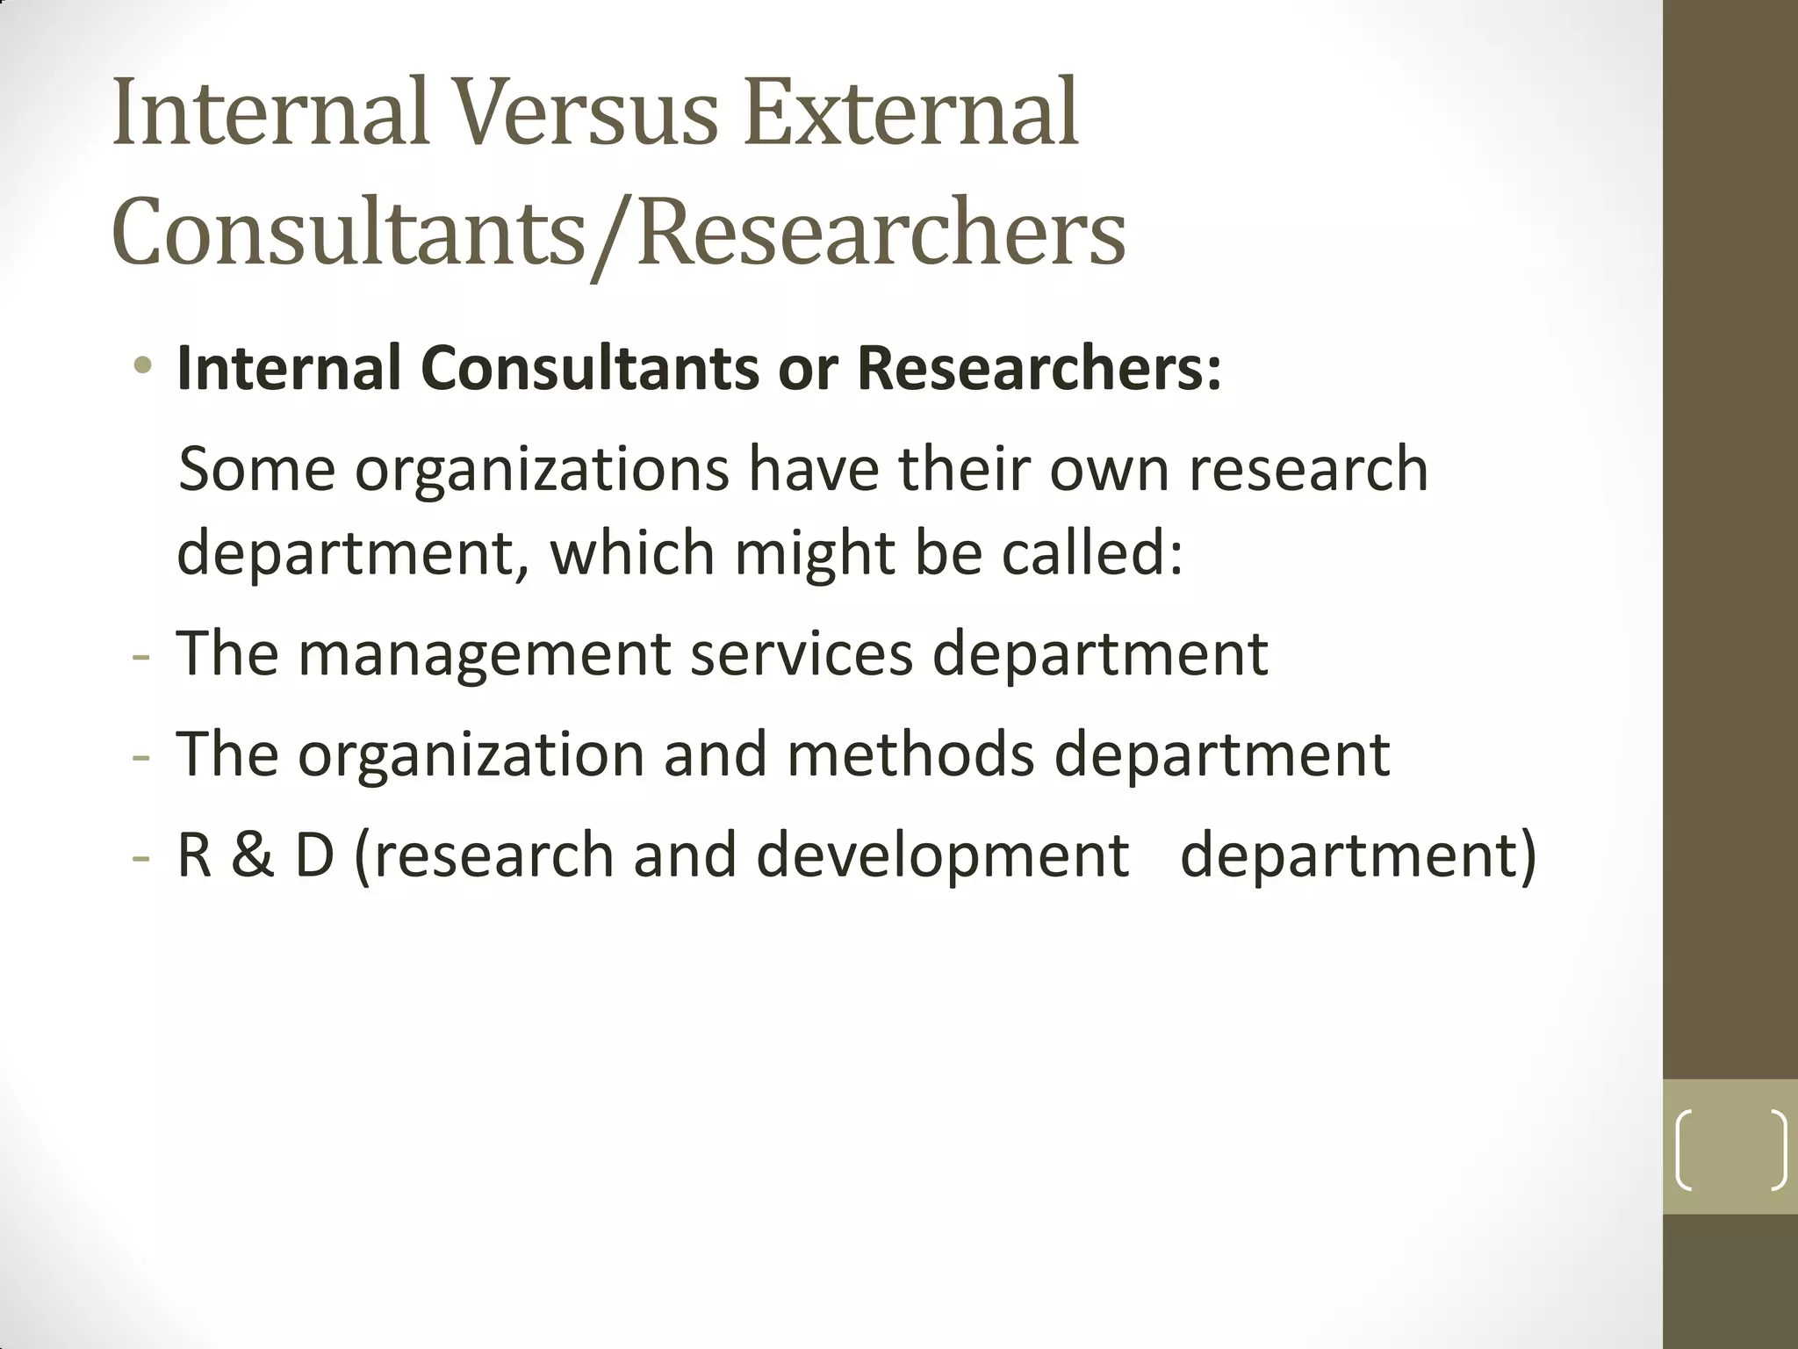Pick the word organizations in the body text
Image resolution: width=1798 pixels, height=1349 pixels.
(x=542, y=471)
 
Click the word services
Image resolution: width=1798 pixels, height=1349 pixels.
(x=802, y=653)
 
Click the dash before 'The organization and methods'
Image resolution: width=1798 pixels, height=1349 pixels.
(x=140, y=755)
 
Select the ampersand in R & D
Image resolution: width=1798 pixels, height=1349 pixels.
(x=253, y=854)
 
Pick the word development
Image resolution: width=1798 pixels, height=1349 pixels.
(x=942, y=855)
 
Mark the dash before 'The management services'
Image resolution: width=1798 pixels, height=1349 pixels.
(x=140, y=655)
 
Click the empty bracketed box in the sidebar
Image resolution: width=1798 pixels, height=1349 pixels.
(x=1730, y=1150)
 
